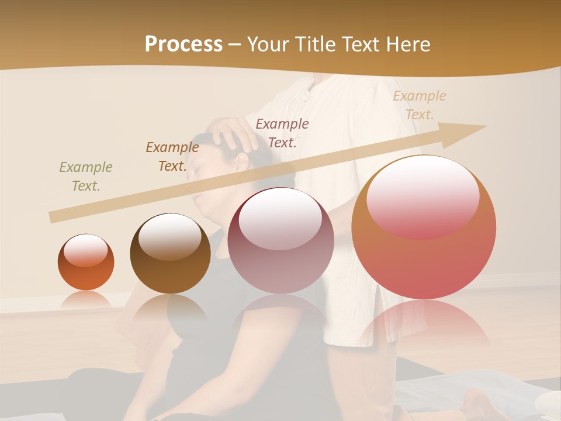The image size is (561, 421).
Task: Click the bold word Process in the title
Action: pos(183,44)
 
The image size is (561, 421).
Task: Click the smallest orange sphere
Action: pos(86,263)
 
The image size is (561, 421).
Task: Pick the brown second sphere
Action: pos(170,254)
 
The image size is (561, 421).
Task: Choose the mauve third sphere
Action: pos(280,240)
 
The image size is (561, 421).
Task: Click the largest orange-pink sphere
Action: pos(424,227)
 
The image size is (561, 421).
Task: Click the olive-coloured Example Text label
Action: pos(86,177)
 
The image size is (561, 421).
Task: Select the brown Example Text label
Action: pos(172,157)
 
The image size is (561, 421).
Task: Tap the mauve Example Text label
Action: pos(282,133)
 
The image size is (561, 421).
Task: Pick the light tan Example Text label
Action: pos(420,105)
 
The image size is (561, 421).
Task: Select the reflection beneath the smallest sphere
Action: pos(86,301)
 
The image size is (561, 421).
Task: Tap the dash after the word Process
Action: pos(235,44)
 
